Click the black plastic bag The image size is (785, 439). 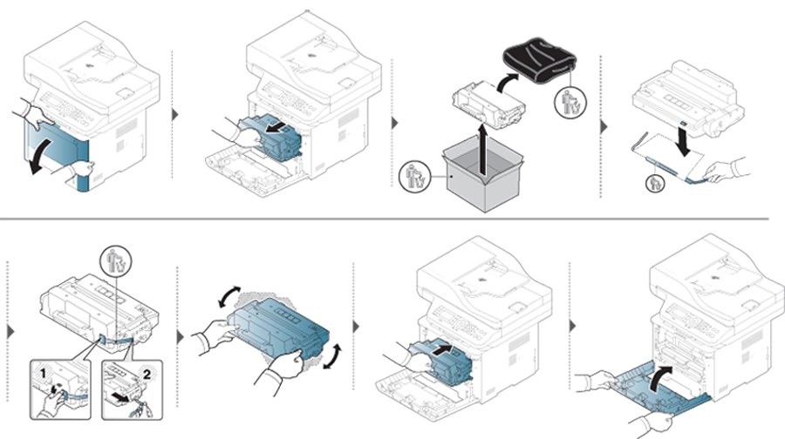click(x=540, y=60)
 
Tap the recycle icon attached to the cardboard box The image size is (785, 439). click(x=415, y=177)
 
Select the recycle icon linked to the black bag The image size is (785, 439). click(x=570, y=103)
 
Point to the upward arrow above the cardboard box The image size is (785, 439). click(x=481, y=150)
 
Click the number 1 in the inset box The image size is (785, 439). click(x=43, y=374)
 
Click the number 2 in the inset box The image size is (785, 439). click(x=147, y=374)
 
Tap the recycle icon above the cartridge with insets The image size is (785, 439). click(x=116, y=260)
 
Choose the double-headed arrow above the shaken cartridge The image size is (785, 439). click(x=229, y=297)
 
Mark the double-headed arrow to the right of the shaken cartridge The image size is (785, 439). click(x=333, y=356)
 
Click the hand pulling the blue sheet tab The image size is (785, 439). click(x=723, y=170)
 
